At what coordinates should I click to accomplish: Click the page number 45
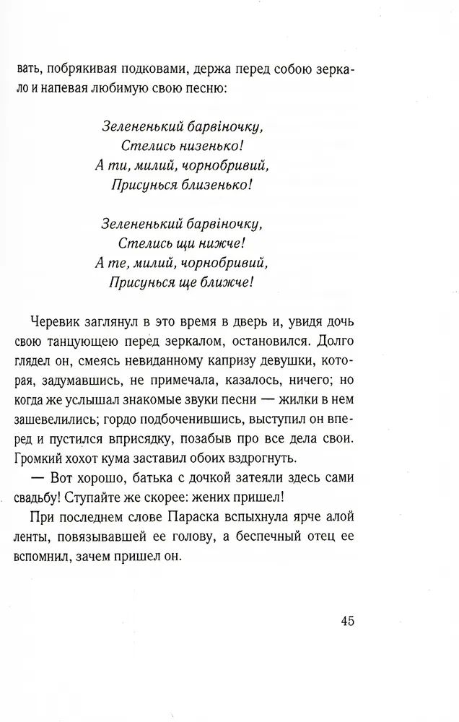(346, 622)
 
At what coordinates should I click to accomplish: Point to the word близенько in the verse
(217, 184)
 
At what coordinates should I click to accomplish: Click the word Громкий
(40, 458)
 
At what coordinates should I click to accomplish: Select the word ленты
(34, 537)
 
